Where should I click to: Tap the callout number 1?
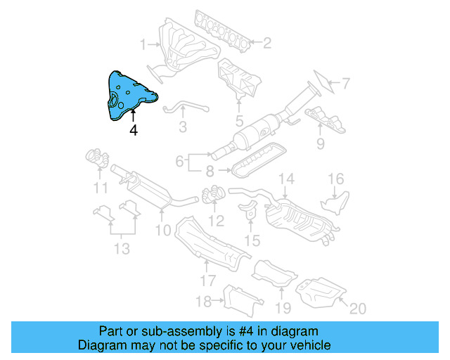click(143, 45)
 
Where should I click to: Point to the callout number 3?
click(182, 127)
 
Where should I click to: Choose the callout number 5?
click(239, 121)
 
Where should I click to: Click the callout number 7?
click(345, 84)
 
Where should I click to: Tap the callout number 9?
click(320, 145)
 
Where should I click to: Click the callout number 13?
click(122, 248)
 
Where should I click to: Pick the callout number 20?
click(358, 308)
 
